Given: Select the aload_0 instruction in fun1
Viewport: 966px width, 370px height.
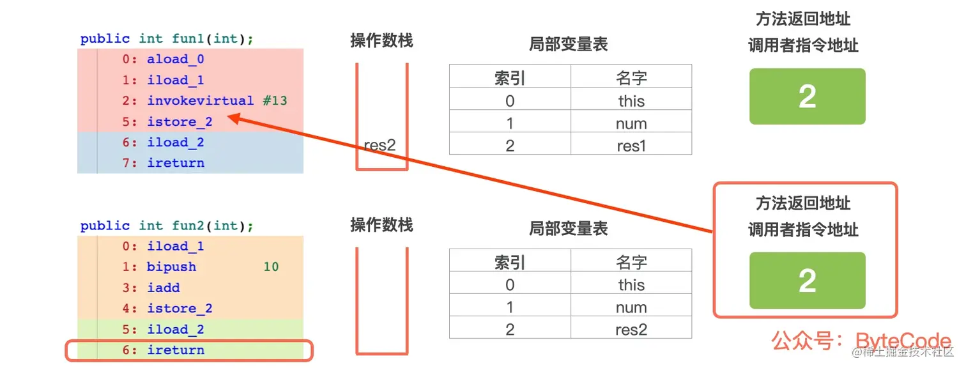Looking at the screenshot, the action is (175, 59).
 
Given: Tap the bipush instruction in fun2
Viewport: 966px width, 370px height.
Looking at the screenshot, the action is (171, 267).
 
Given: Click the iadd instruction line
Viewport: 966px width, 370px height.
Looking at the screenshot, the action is (164, 288).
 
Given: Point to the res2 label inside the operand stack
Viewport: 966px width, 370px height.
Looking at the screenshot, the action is (379, 145).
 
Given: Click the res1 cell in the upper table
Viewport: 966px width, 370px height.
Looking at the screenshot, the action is (631, 146).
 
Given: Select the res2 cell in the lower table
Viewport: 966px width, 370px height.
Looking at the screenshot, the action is (631, 330).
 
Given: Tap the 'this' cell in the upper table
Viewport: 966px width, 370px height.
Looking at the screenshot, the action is (631, 101).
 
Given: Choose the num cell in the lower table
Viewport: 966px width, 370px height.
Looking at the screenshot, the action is (631, 307).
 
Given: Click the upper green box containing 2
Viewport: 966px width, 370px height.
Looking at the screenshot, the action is (807, 96).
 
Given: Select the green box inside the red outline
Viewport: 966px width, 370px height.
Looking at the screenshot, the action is (807, 281).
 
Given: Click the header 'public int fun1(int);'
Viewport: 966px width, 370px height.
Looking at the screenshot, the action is (167, 39).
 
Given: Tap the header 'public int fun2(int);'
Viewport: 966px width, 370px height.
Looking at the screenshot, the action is (167, 226).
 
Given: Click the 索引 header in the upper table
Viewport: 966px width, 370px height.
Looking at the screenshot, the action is (510, 78).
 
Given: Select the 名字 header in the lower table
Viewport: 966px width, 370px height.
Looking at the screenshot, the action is (631, 262).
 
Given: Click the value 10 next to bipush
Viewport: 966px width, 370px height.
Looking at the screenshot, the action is (271, 267).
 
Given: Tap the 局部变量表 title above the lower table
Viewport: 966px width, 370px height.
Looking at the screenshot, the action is (568, 229).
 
